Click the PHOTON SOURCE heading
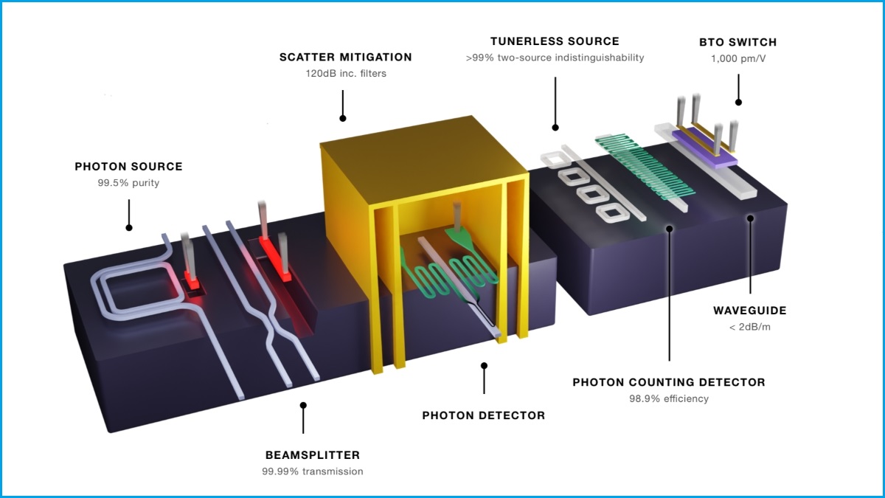[128, 167]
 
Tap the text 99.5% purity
[128, 183]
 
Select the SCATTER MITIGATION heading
[345, 57]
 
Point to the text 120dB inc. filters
[345, 73]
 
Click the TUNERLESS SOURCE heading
[555, 41]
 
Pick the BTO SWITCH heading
[737, 42]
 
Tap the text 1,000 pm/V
[737, 58]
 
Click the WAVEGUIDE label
[750, 311]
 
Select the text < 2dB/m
[750, 328]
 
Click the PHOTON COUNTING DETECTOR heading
[669, 382]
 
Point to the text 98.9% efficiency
[669, 398]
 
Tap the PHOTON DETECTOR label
[483, 415]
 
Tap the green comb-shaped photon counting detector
[646, 167]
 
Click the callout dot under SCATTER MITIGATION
[342, 117]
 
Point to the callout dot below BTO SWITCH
[738, 102]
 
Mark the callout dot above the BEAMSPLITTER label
[303, 405]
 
